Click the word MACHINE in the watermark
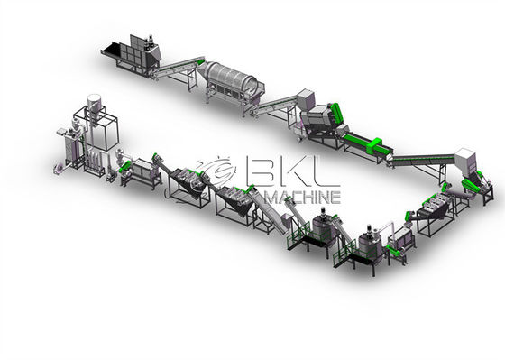[303, 197]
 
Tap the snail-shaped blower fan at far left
[59, 168]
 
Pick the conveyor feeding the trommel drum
[179, 68]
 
